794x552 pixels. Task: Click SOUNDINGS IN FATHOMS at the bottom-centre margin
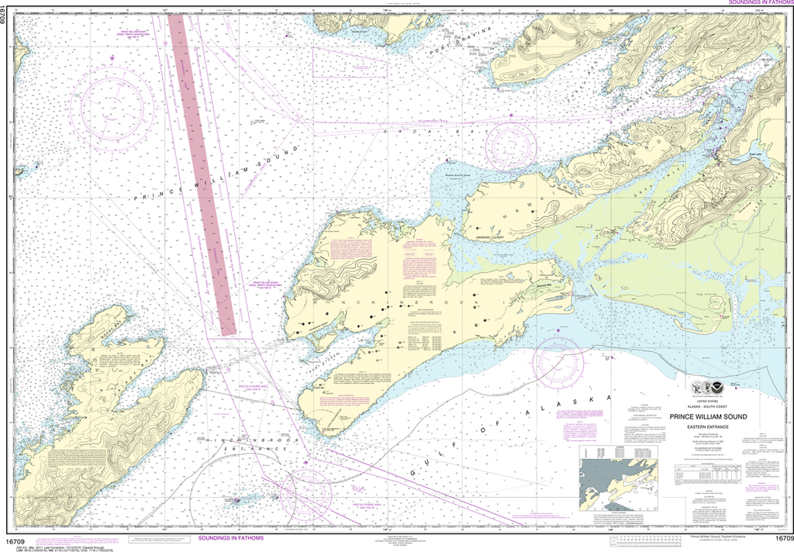(230, 537)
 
